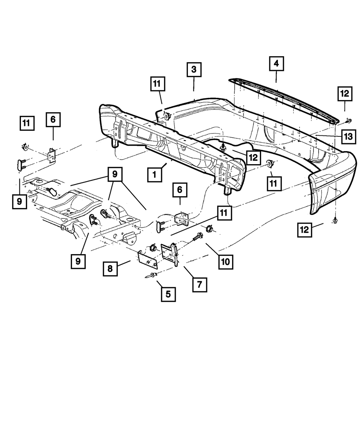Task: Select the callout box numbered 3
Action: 194,69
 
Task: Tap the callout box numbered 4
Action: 276,64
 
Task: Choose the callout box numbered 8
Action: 110,269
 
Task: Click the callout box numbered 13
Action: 348,137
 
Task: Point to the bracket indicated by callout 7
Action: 170,253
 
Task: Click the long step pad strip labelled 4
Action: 284,97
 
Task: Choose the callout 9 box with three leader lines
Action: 114,175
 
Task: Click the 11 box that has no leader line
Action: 27,123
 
